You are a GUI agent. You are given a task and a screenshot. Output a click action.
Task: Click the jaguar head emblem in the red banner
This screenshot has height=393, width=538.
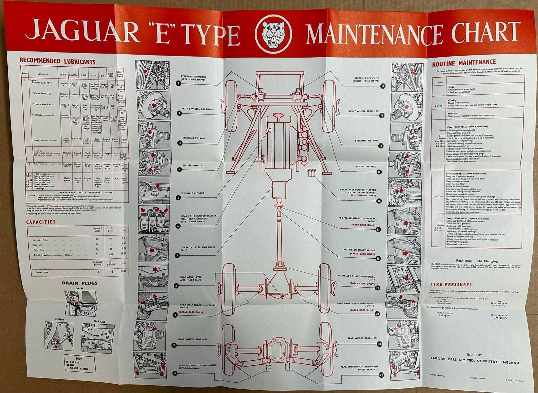pyautogui.click(x=273, y=34)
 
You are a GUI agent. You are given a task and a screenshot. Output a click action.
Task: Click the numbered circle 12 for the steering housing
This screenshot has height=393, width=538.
pyautogui.click(x=383, y=86)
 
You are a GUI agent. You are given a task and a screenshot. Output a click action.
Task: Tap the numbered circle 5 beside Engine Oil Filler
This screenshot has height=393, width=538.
pyautogui.click(x=178, y=198)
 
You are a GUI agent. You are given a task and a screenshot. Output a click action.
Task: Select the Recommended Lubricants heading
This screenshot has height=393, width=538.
pyautogui.click(x=57, y=62)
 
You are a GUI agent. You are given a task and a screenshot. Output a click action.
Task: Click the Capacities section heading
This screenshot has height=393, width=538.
pyautogui.click(x=41, y=222)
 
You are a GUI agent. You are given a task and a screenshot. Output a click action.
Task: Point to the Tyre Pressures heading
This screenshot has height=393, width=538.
pyautogui.click(x=451, y=285)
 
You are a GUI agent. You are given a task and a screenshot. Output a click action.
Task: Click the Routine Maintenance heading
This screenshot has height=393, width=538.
pyautogui.click(x=464, y=62)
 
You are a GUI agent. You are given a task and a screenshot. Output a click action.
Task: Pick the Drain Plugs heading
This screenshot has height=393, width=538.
pyautogui.click(x=79, y=283)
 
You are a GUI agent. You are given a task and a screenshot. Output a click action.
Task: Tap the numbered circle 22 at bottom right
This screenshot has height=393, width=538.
pyautogui.click(x=381, y=375)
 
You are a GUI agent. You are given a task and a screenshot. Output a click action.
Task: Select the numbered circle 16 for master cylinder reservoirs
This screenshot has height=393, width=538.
pyautogui.click(x=379, y=201)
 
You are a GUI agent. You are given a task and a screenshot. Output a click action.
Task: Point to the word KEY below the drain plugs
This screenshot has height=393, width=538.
pyautogui.click(x=79, y=359)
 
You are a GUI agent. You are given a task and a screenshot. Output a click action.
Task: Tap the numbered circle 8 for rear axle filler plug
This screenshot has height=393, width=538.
pyautogui.click(x=176, y=286)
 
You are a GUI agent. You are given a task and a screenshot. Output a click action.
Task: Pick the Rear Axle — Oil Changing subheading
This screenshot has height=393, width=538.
pyautogui.click(x=476, y=261)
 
